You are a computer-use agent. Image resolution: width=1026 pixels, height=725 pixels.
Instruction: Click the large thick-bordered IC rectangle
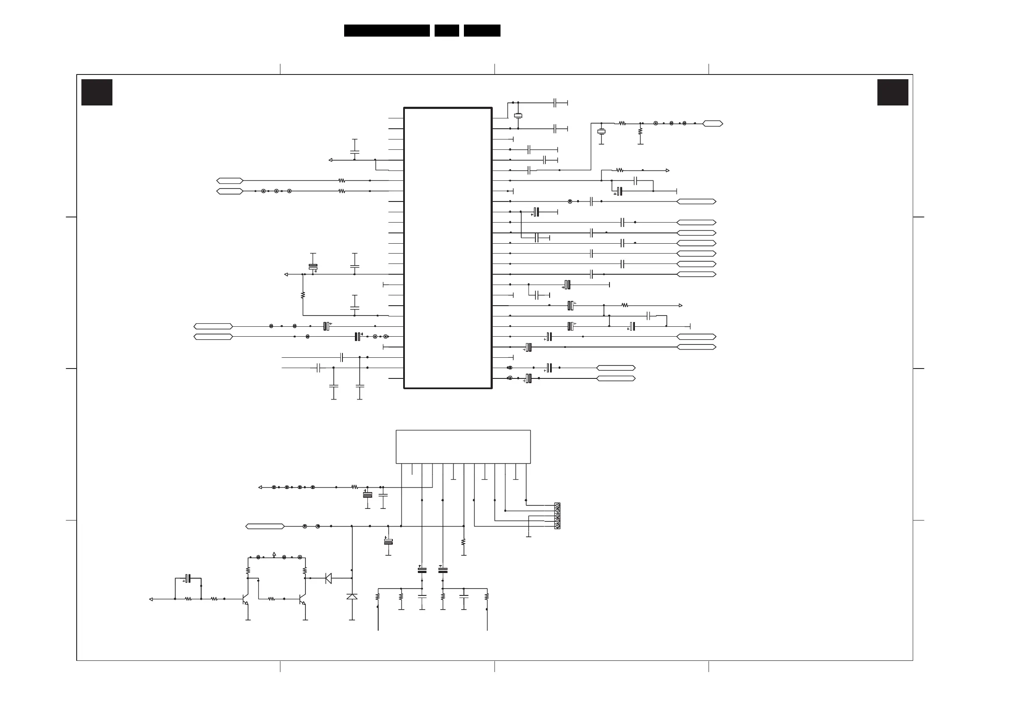[448, 248]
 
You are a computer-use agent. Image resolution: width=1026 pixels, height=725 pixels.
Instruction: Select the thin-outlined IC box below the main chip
[463, 447]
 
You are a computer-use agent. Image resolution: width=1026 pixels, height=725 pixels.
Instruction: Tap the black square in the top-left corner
[96, 92]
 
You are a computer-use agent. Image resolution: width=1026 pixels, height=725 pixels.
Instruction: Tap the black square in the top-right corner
[892, 92]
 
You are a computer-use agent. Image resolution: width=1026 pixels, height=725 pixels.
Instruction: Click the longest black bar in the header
[386, 31]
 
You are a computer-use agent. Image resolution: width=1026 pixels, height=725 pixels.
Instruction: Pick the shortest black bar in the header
[446, 31]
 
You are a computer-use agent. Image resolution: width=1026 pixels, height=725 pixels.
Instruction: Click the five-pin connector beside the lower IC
[557, 516]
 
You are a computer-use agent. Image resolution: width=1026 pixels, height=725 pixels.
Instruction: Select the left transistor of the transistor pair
[245, 599]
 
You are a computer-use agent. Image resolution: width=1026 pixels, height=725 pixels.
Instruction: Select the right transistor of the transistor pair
[302, 599]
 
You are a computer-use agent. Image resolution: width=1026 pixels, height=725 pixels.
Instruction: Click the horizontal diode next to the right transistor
[329, 578]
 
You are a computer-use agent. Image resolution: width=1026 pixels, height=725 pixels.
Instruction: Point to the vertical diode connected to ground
[351, 596]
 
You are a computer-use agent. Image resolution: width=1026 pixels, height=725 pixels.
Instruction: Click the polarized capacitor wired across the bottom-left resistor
[188, 579]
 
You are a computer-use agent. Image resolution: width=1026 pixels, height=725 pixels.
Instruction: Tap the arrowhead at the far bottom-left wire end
[151, 599]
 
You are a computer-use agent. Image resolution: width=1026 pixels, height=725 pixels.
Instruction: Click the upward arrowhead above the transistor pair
[274, 554]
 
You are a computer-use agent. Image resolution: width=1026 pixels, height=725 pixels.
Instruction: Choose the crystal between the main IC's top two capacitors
[518, 116]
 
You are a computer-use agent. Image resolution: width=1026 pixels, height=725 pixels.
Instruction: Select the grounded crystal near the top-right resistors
[601, 131]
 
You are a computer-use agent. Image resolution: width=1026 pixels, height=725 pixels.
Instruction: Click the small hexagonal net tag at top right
[712, 123]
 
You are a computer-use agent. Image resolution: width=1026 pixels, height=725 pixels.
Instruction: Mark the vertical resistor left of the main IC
[302, 295]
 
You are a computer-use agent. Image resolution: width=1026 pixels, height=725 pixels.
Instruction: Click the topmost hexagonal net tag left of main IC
[230, 181]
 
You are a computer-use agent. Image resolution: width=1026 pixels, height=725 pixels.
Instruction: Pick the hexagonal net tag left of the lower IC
[264, 526]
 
